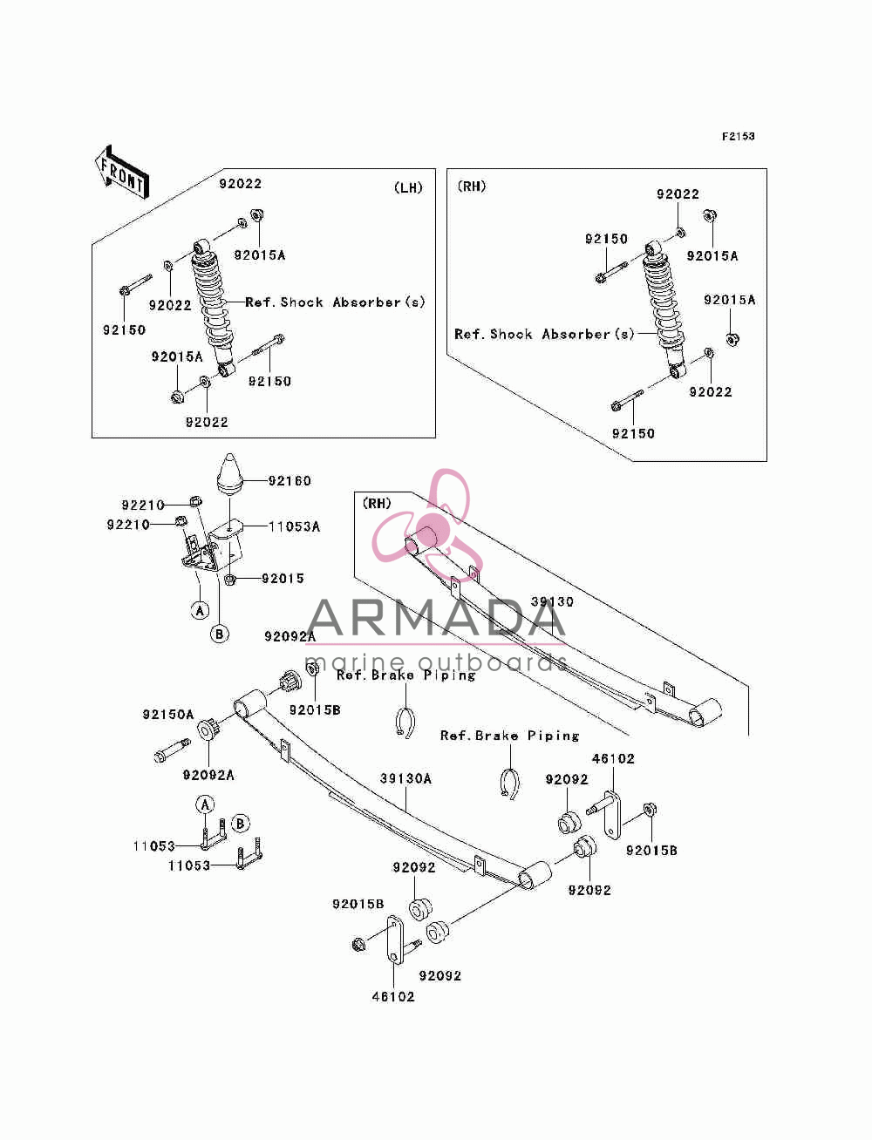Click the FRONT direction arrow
tap(121, 172)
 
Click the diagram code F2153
tap(738, 137)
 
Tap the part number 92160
tap(290, 481)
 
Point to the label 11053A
tap(294, 526)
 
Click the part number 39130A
tap(405, 778)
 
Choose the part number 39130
tap(552, 601)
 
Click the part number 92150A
tap(167, 715)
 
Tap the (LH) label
tap(408, 187)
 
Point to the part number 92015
tap(283, 579)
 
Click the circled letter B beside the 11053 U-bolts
tap(240, 824)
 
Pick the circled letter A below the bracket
tap(200, 610)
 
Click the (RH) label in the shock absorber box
tap(472, 186)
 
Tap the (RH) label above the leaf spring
tap(377, 503)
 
